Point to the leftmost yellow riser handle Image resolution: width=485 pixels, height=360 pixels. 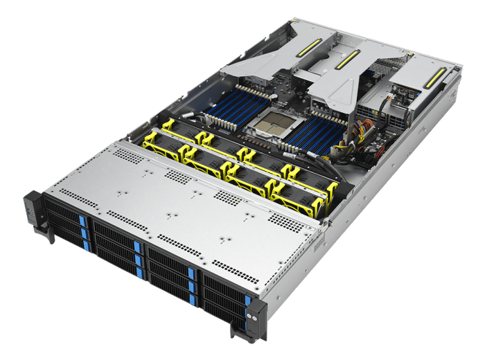coord(308,48)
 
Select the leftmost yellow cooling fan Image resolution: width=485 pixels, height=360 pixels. coord(161,141)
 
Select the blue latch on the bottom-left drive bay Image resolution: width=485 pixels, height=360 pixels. coord(87,245)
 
